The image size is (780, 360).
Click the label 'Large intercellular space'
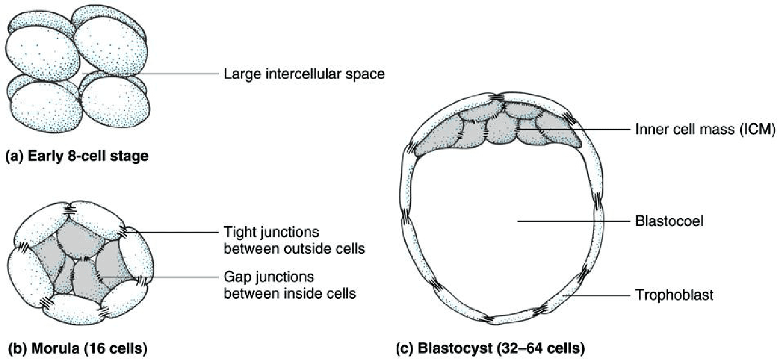304,74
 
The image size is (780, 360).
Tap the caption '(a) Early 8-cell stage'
76,157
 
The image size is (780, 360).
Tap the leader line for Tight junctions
175,233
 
